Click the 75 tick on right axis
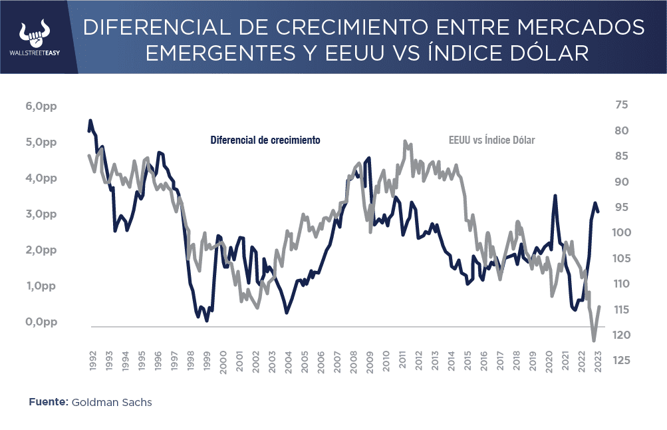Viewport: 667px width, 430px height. pyautogui.click(x=622, y=105)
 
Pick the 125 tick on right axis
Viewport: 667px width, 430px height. pyautogui.click(x=622, y=361)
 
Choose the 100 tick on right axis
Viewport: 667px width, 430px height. pyautogui.click(x=622, y=233)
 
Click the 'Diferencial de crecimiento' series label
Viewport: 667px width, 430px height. pyautogui.click(x=265, y=140)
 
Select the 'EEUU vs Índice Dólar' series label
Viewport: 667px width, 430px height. pyautogui.click(x=491, y=140)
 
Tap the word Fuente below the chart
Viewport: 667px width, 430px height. pyautogui.click(x=48, y=403)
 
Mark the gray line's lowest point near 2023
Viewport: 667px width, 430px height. pyautogui.click(x=594, y=341)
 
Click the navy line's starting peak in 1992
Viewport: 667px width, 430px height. pyautogui.click(x=90, y=121)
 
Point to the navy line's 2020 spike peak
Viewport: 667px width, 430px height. pyautogui.click(x=555, y=196)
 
